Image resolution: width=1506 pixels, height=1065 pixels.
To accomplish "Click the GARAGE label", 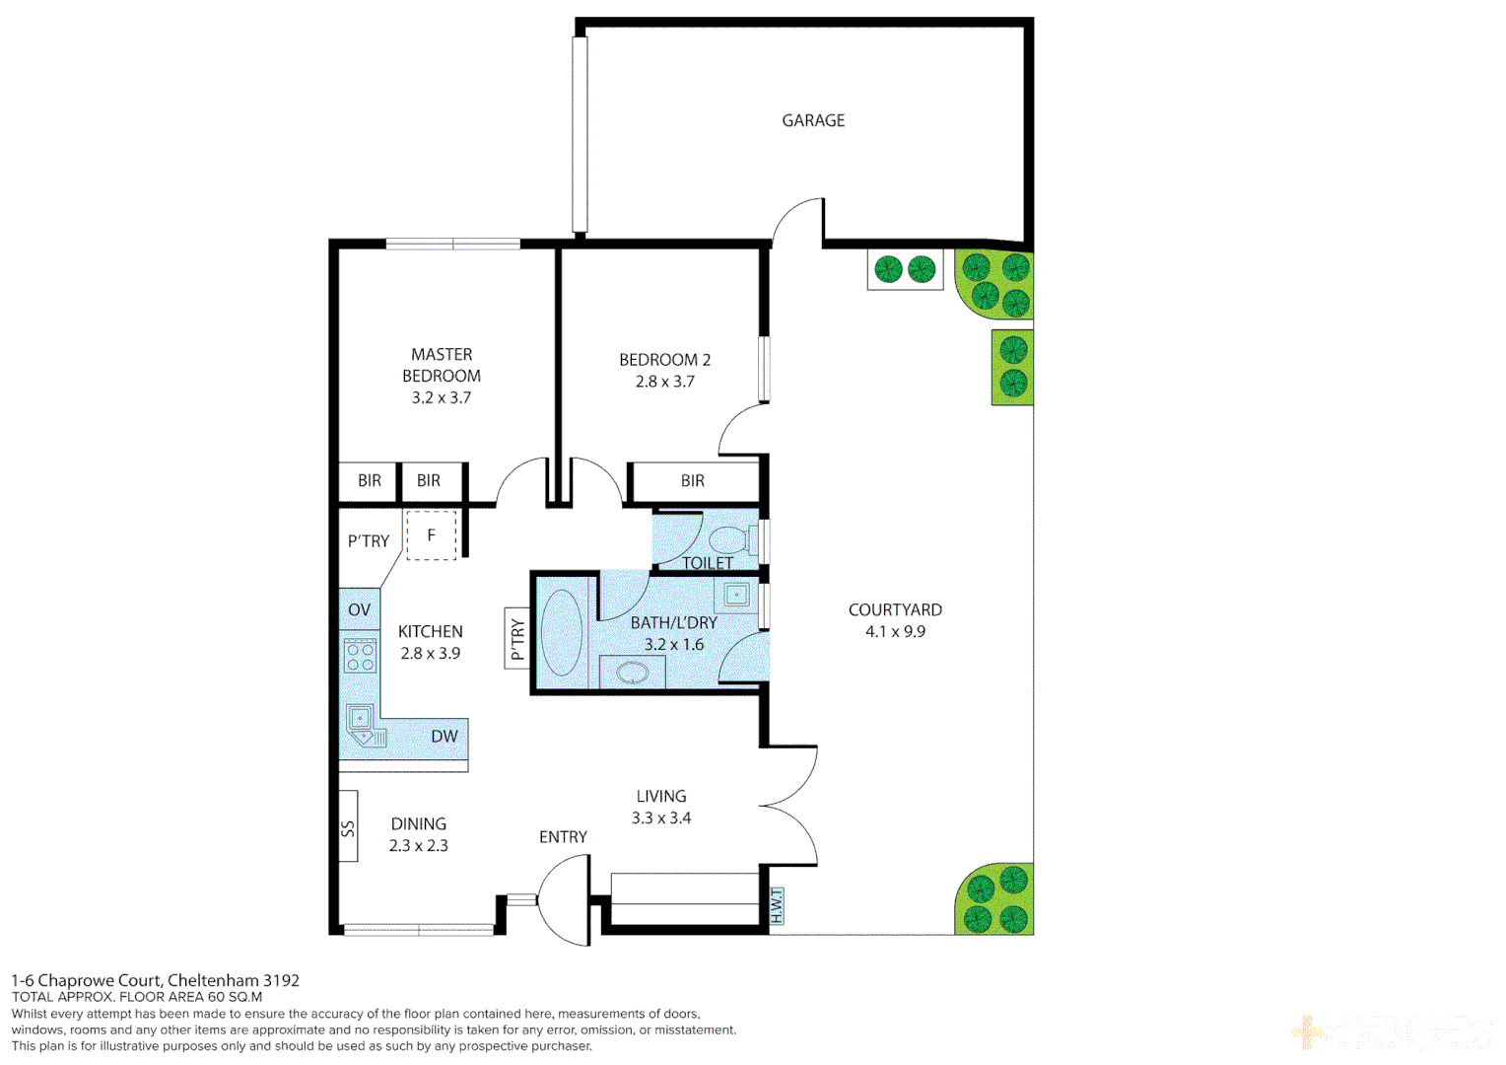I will (x=813, y=120).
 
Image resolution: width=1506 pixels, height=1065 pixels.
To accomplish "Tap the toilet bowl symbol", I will (x=728, y=540).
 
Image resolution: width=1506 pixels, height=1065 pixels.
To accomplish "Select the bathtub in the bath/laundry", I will (x=562, y=633).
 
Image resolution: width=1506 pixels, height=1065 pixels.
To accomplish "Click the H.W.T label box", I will (x=777, y=906).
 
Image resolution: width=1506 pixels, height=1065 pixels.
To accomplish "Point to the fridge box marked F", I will (x=432, y=535).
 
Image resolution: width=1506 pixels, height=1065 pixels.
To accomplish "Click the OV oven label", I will (x=359, y=609).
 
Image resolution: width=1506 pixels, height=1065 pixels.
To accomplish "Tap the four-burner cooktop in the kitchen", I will (x=360, y=656).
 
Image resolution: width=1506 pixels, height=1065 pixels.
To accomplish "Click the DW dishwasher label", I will (x=444, y=736).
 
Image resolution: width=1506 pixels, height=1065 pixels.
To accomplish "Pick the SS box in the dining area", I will (x=348, y=826).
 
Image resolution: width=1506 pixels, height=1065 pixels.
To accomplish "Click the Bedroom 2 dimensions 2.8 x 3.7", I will (x=664, y=382).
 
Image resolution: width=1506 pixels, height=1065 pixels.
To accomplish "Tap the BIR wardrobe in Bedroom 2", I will (x=693, y=481).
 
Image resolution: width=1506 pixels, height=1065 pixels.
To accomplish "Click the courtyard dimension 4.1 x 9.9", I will (x=895, y=632).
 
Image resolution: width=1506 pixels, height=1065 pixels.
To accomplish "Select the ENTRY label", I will (x=563, y=837).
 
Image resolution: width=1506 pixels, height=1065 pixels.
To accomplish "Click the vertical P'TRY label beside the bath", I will (x=517, y=639).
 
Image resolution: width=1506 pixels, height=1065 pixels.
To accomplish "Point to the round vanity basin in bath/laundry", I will (x=632, y=674).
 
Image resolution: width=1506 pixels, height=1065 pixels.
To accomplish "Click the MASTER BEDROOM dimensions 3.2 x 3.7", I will (x=441, y=397).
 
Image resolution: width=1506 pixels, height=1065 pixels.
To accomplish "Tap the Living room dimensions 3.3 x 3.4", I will (x=660, y=818).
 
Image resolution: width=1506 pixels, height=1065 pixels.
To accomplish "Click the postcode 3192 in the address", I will (x=281, y=980).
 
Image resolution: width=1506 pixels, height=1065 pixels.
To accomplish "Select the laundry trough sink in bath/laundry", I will (x=736, y=594).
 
